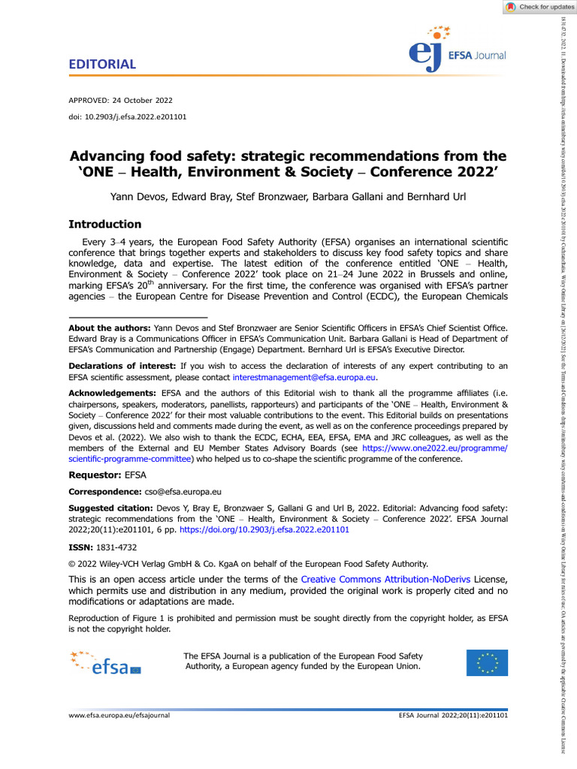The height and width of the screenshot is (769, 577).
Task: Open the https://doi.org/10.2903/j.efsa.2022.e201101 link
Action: [x=287, y=529]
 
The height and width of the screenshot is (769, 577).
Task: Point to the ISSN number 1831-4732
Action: [x=118, y=547]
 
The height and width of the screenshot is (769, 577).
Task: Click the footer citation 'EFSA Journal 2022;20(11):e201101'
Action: [x=453, y=716]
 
